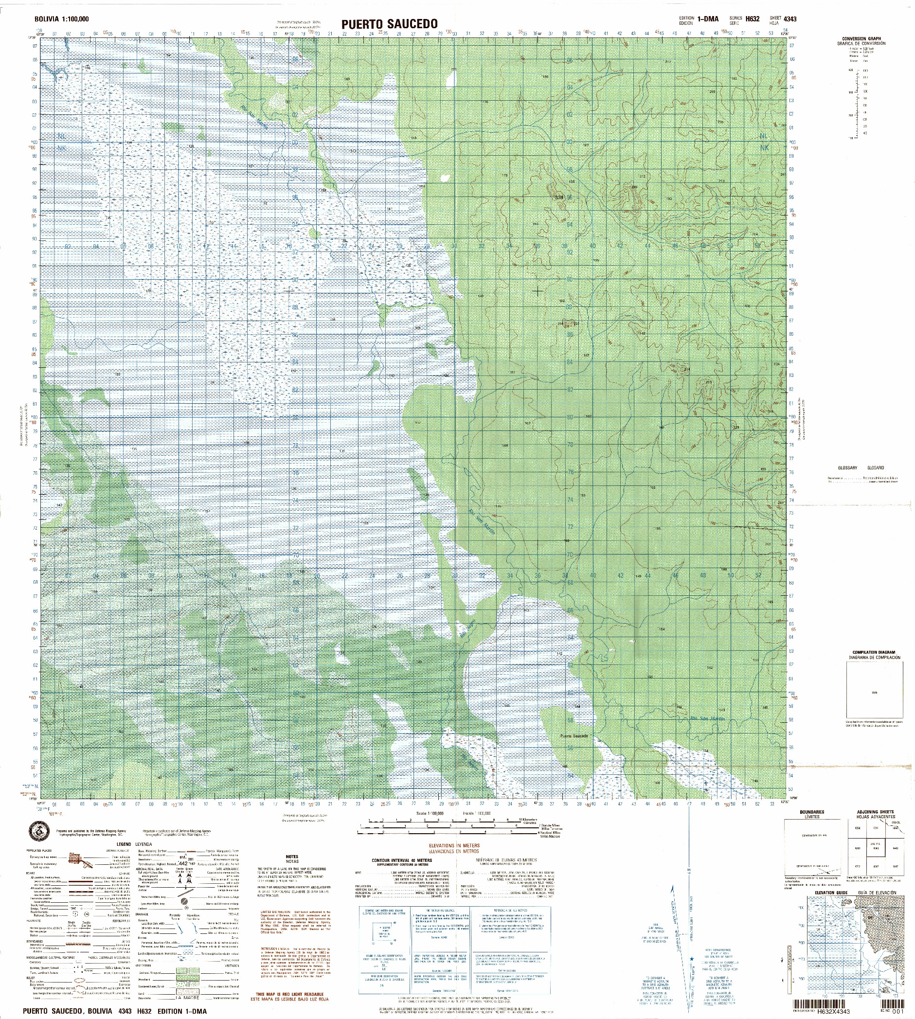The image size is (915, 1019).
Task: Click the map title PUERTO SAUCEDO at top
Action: tap(390, 24)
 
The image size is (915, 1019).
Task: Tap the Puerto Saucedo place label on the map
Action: tap(574, 736)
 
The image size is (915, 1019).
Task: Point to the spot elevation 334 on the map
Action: tap(558, 197)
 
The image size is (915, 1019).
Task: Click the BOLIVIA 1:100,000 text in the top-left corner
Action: tap(61, 19)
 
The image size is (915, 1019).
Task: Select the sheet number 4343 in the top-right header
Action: tap(789, 19)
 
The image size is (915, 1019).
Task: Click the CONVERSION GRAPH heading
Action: tap(861, 39)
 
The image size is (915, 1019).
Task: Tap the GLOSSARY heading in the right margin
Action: tap(847, 468)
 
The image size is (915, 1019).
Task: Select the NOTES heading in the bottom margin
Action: tap(292, 857)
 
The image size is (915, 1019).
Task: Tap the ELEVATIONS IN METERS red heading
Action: tap(454, 845)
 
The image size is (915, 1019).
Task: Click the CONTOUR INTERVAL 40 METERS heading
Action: tap(402, 860)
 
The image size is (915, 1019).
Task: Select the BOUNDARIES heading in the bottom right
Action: tap(811, 812)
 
